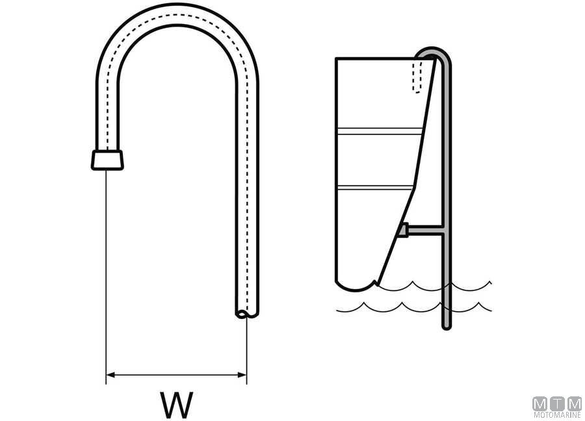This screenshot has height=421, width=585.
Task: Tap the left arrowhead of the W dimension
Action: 110,375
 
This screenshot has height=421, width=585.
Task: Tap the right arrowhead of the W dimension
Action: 242,375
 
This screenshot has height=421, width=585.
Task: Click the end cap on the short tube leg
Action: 107,160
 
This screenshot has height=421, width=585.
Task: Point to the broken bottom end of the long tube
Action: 247,314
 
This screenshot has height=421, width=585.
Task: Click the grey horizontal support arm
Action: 425,229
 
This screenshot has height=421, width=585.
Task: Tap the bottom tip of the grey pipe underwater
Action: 447,327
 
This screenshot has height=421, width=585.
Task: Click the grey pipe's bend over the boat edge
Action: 433,51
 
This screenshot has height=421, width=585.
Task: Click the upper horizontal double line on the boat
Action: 380,131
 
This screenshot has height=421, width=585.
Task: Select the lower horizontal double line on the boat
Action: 375,187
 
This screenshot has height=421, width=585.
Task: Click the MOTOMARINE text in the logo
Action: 557,415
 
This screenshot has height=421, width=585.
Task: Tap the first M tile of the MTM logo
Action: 540,404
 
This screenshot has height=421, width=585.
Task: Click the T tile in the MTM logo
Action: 557,404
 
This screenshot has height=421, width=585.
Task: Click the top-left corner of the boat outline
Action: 336,58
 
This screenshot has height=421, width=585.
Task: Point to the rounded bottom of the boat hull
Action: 354,287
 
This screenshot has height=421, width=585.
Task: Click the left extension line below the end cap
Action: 107,277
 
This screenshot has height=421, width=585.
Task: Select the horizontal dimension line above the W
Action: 176,375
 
